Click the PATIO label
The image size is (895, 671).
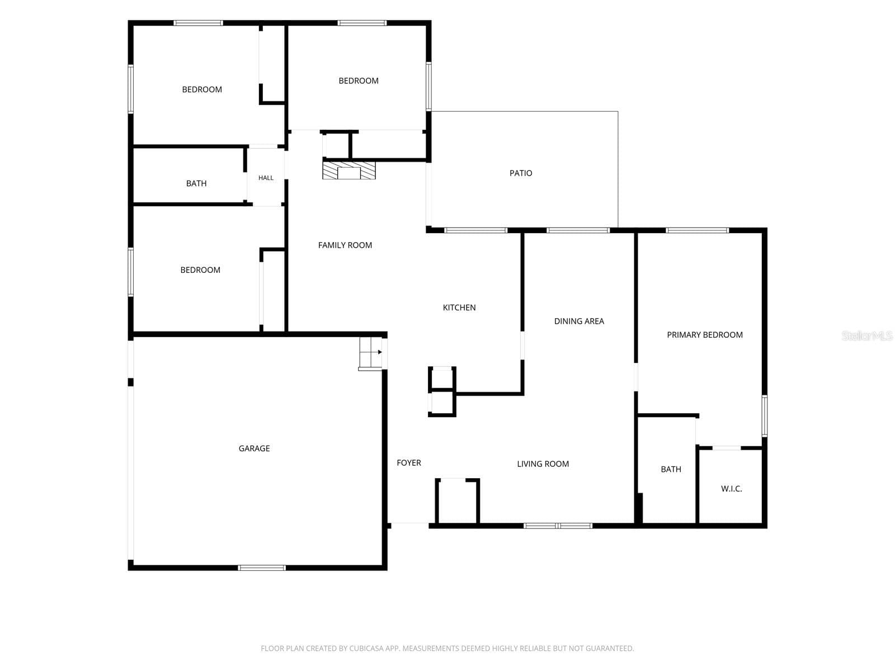tap(521, 173)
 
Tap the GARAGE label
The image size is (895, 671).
tap(254, 448)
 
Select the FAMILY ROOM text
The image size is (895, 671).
tap(345, 245)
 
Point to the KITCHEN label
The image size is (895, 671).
tap(459, 308)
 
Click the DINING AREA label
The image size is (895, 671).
tap(579, 321)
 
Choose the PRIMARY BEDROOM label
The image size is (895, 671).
tap(705, 335)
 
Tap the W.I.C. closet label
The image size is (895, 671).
tap(732, 489)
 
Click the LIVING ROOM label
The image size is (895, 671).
tap(543, 464)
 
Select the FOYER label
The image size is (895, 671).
tap(409, 463)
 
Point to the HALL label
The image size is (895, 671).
tap(266, 178)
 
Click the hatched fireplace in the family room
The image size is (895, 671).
tap(349, 171)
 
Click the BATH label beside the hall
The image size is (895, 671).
tap(196, 183)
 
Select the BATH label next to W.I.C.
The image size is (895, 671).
tap(671, 469)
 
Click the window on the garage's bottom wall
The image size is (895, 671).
tap(262, 568)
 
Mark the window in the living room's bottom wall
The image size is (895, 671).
tap(557, 526)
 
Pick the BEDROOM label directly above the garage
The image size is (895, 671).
tap(200, 270)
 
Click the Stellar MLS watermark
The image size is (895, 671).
tap(867, 335)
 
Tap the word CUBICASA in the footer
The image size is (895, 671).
tap(363, 648)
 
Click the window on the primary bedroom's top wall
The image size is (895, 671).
tap(697, 230)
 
